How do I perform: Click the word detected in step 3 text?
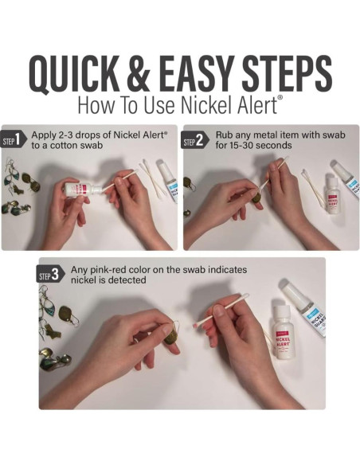click(124, 280)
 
